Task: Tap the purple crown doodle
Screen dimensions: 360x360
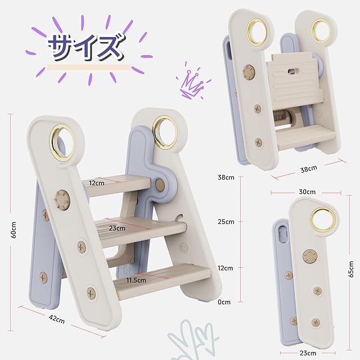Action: (192, 82)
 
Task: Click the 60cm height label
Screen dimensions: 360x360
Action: (13, 229)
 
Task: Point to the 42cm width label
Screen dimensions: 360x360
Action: (57, 319)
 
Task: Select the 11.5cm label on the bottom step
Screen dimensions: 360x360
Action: (136, 280)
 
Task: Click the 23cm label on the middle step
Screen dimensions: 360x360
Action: (117, 228)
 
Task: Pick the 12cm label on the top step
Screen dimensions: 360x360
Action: (97, 183)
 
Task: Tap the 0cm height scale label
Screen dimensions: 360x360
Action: (224, 302)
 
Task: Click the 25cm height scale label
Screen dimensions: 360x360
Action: (226, 222)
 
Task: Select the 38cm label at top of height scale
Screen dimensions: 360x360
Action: (226, 178)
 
